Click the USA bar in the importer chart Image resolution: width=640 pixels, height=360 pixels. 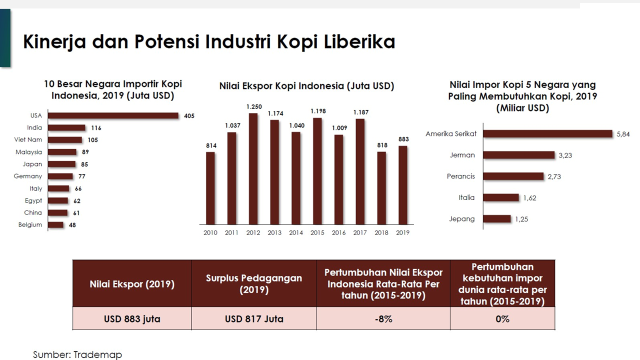113,115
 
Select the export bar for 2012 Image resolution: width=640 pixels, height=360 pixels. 253,168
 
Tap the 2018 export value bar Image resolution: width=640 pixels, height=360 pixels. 381,187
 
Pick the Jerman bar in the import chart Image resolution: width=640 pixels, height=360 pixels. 519,155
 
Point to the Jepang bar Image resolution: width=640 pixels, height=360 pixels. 497,219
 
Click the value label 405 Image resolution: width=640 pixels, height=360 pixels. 189,116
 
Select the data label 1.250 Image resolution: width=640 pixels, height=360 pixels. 253,106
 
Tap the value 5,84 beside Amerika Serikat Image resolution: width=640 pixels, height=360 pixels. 623,134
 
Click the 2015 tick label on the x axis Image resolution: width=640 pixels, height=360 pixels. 317,232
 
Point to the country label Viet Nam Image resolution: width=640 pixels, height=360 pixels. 28,140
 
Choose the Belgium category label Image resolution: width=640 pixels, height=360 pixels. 30,225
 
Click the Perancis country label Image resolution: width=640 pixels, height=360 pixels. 461,176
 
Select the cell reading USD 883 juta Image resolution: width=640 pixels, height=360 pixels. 132,318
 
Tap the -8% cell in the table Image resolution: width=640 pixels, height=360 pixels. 383,318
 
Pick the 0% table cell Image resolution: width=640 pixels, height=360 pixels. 502,318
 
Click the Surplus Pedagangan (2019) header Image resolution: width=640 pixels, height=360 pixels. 254,283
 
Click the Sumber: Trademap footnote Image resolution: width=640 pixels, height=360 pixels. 77,354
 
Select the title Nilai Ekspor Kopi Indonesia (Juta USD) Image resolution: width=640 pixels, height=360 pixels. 306,86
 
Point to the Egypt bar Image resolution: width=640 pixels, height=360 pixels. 58,200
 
